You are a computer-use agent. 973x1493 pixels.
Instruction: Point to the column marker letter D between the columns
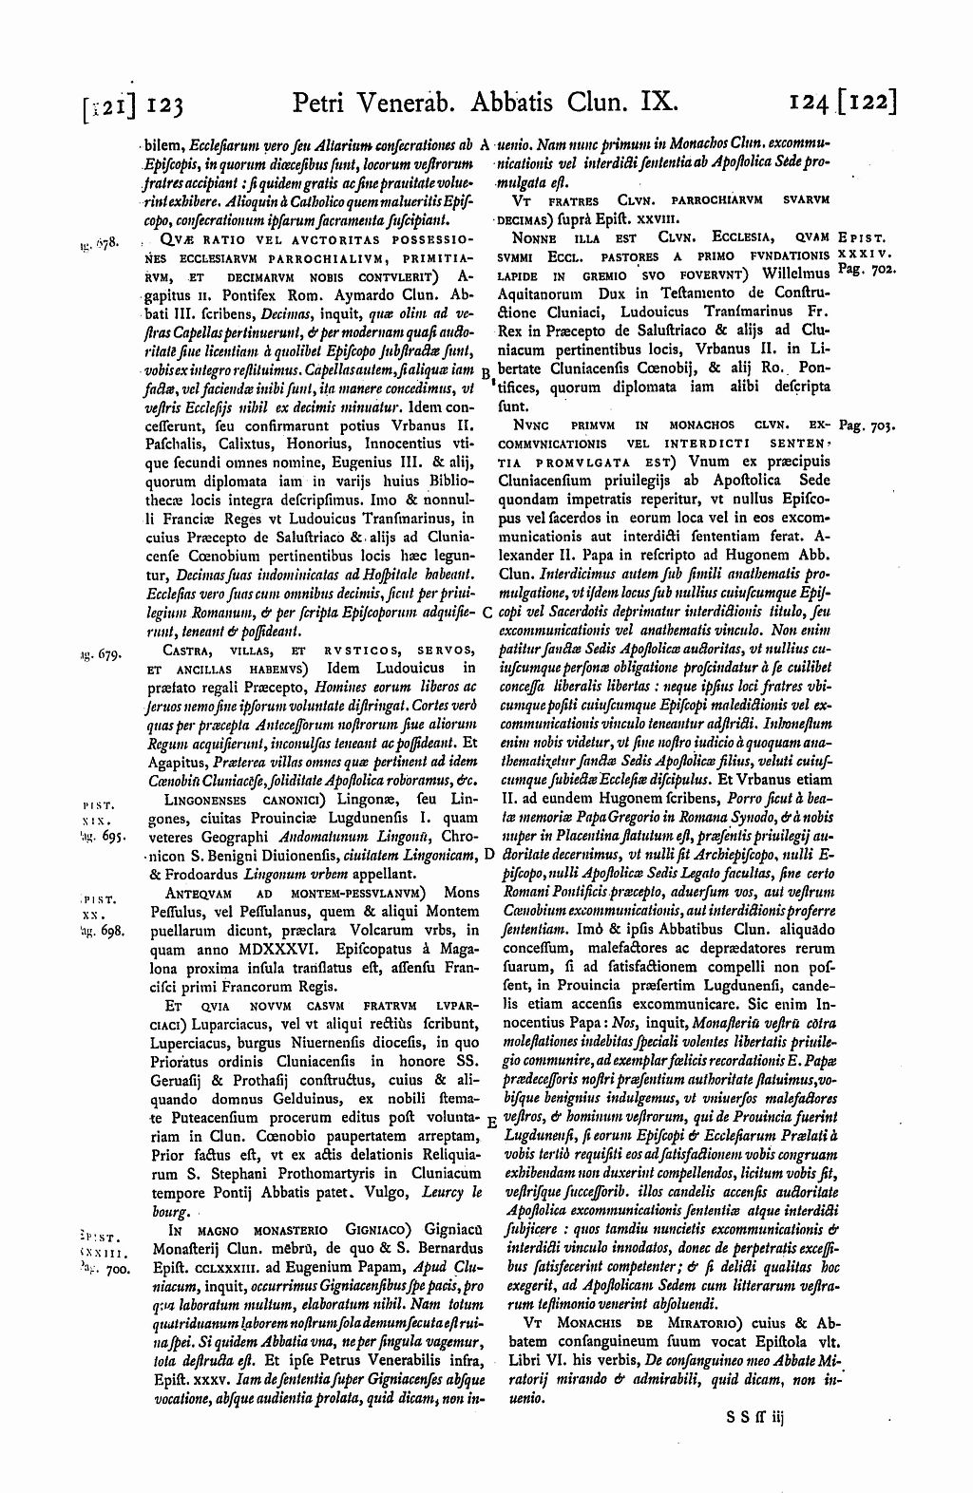click(486, 826)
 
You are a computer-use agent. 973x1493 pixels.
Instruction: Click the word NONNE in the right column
click(534, 236)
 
